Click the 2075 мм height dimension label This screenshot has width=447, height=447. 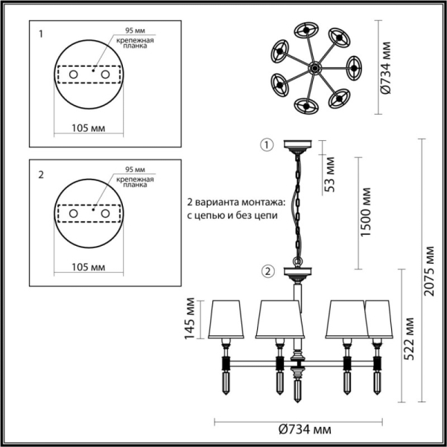pos(430,271)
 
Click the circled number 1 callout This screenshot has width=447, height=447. pos(267,145)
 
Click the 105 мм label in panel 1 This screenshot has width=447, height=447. pos(88,127)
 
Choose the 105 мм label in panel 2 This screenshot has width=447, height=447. pos(88,265)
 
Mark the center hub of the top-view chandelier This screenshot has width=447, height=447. pos(314,68)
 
